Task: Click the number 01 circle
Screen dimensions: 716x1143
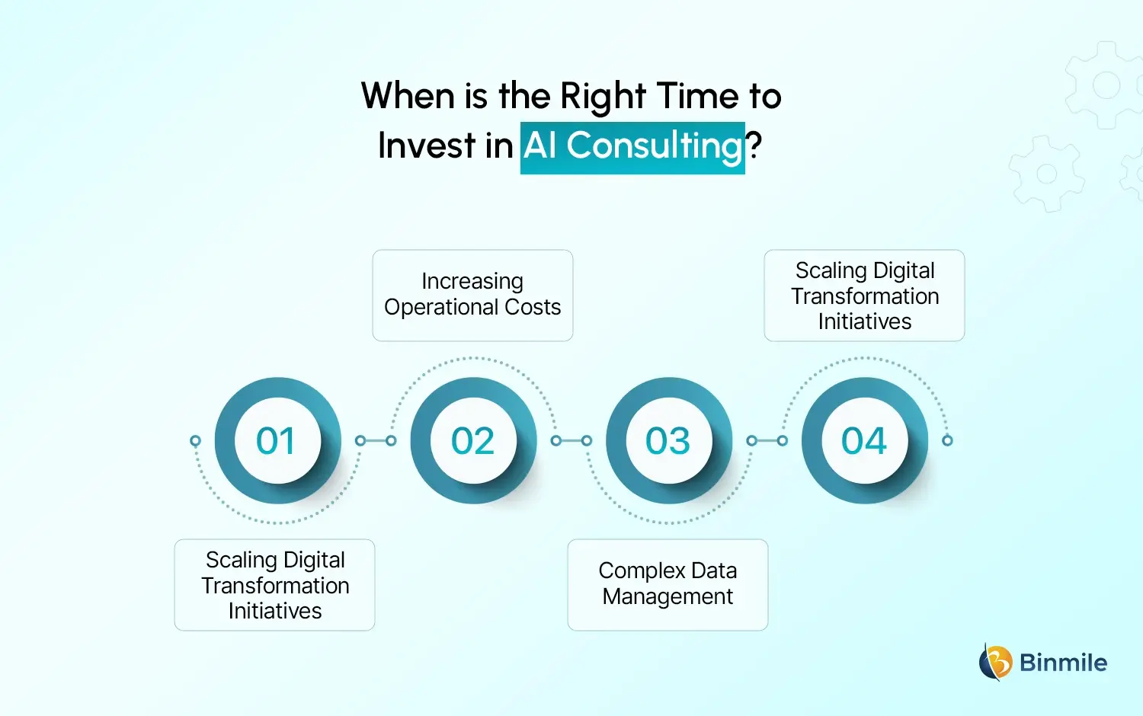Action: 276,440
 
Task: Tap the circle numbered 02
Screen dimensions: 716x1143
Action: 472,440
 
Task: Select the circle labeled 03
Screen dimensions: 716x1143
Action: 668,440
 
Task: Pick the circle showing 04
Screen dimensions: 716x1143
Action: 864,440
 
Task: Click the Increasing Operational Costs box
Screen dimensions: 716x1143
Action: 472,296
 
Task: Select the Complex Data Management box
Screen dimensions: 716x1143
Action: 668,584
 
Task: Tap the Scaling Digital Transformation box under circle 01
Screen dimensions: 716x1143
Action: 274,584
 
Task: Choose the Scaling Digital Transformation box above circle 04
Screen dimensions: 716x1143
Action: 864,296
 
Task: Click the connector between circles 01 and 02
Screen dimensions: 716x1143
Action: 376,440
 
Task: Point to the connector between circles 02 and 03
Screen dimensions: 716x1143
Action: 571,440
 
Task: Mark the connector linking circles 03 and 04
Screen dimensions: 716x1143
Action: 767,440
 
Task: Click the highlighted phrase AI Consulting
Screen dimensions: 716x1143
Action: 632,146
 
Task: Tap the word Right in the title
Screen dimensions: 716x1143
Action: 603,97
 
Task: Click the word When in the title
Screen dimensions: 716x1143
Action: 408,97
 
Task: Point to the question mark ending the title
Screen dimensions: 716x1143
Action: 754,146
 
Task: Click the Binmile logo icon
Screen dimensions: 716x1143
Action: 995,661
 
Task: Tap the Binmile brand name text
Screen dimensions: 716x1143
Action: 1063,663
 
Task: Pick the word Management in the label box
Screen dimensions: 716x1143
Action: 668,596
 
